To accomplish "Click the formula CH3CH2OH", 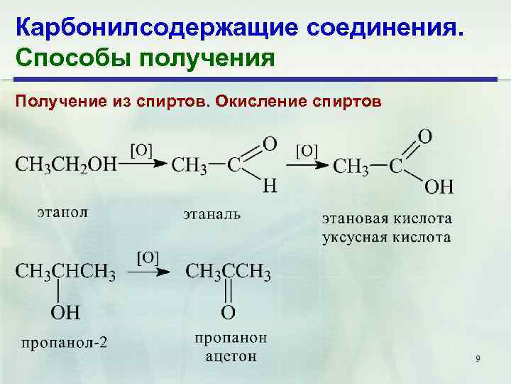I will click(65, 165).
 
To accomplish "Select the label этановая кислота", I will click(387, 217).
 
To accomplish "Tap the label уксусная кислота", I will click(387, 236).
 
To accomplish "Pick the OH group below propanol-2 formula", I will click(65, 311).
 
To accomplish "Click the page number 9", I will click(478, 359).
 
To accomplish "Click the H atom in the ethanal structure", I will click(269, 186).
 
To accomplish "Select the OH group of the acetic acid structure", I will click(439, 187).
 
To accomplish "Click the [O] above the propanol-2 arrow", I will click(147, 257).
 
